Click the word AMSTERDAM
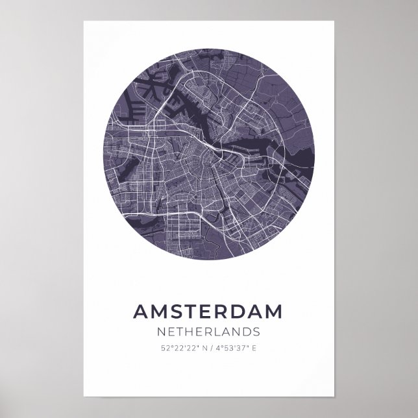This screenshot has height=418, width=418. [x=208, y=311]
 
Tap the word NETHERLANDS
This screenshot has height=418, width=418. [x=208, y=332]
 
